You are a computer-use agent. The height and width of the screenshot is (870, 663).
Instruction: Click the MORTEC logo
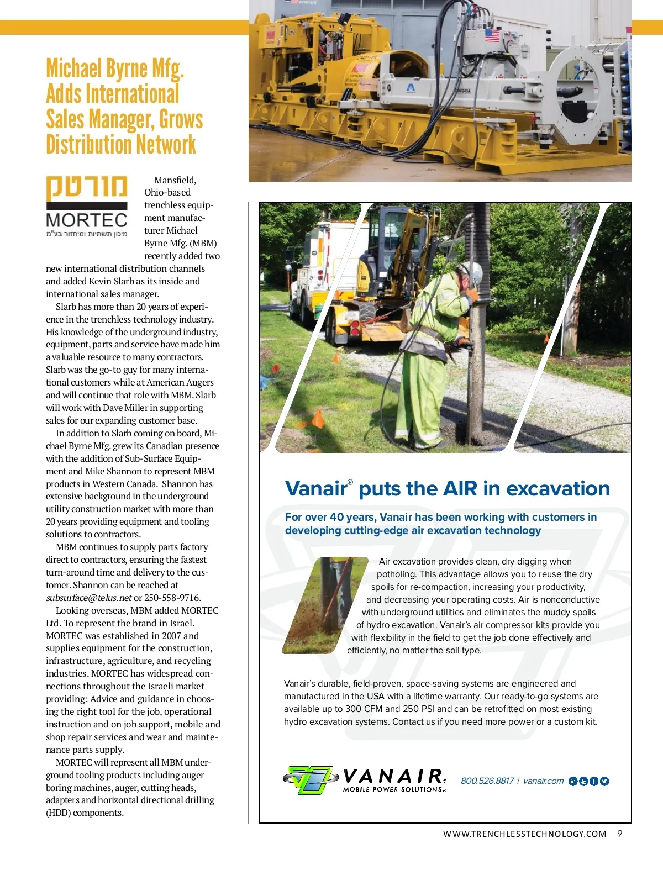point(87,206)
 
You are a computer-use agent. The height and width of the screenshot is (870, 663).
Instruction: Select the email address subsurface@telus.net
point(88,598)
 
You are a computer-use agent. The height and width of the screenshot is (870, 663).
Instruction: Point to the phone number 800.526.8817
point(487,781)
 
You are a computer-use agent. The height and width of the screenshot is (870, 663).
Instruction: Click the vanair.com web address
point(543,781)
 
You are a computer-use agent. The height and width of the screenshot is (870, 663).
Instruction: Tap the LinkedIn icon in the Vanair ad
point(572,781)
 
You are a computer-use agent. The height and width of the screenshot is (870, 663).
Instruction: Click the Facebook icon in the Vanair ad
point(594,781)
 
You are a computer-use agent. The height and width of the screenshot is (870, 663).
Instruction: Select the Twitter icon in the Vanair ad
point(604,781)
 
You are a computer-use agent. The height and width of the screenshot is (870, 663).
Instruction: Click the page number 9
point(620,834)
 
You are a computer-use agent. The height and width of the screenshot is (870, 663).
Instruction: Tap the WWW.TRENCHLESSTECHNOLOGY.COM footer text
point(524,834)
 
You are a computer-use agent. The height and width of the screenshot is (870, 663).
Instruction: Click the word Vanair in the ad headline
point(315,489)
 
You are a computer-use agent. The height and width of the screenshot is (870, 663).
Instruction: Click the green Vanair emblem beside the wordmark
point(311,779)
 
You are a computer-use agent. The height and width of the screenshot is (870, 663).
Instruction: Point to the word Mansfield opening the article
point(175,180)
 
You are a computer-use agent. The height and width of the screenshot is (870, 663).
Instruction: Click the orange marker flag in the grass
point(318,418)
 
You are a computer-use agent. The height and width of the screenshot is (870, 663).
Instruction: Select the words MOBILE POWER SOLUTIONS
point(393,790)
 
